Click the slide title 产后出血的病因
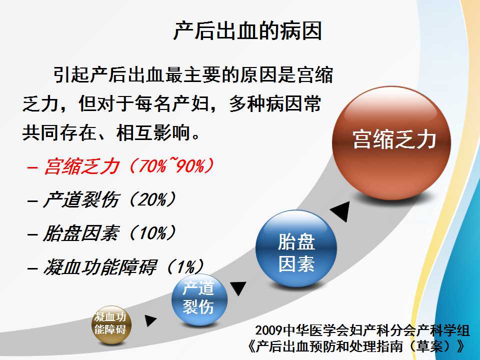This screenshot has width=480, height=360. [x=247, y=30]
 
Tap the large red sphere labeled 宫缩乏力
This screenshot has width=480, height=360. [x=391, y=143]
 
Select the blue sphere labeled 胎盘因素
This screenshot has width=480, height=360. [x=296, y=248]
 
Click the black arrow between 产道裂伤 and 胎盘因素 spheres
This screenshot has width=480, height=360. [x=238, y=288]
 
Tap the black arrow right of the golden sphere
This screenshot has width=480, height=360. [x=150, y=320]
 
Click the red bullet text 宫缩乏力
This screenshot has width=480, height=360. [x=81, y=166]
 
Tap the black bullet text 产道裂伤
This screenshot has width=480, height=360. [x=80, y=200]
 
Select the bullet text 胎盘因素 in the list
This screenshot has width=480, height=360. [x=80, y=233]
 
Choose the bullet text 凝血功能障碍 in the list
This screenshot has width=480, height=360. [x=100, y=266]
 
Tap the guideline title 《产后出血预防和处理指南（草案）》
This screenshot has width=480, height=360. [x=357, y=346]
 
